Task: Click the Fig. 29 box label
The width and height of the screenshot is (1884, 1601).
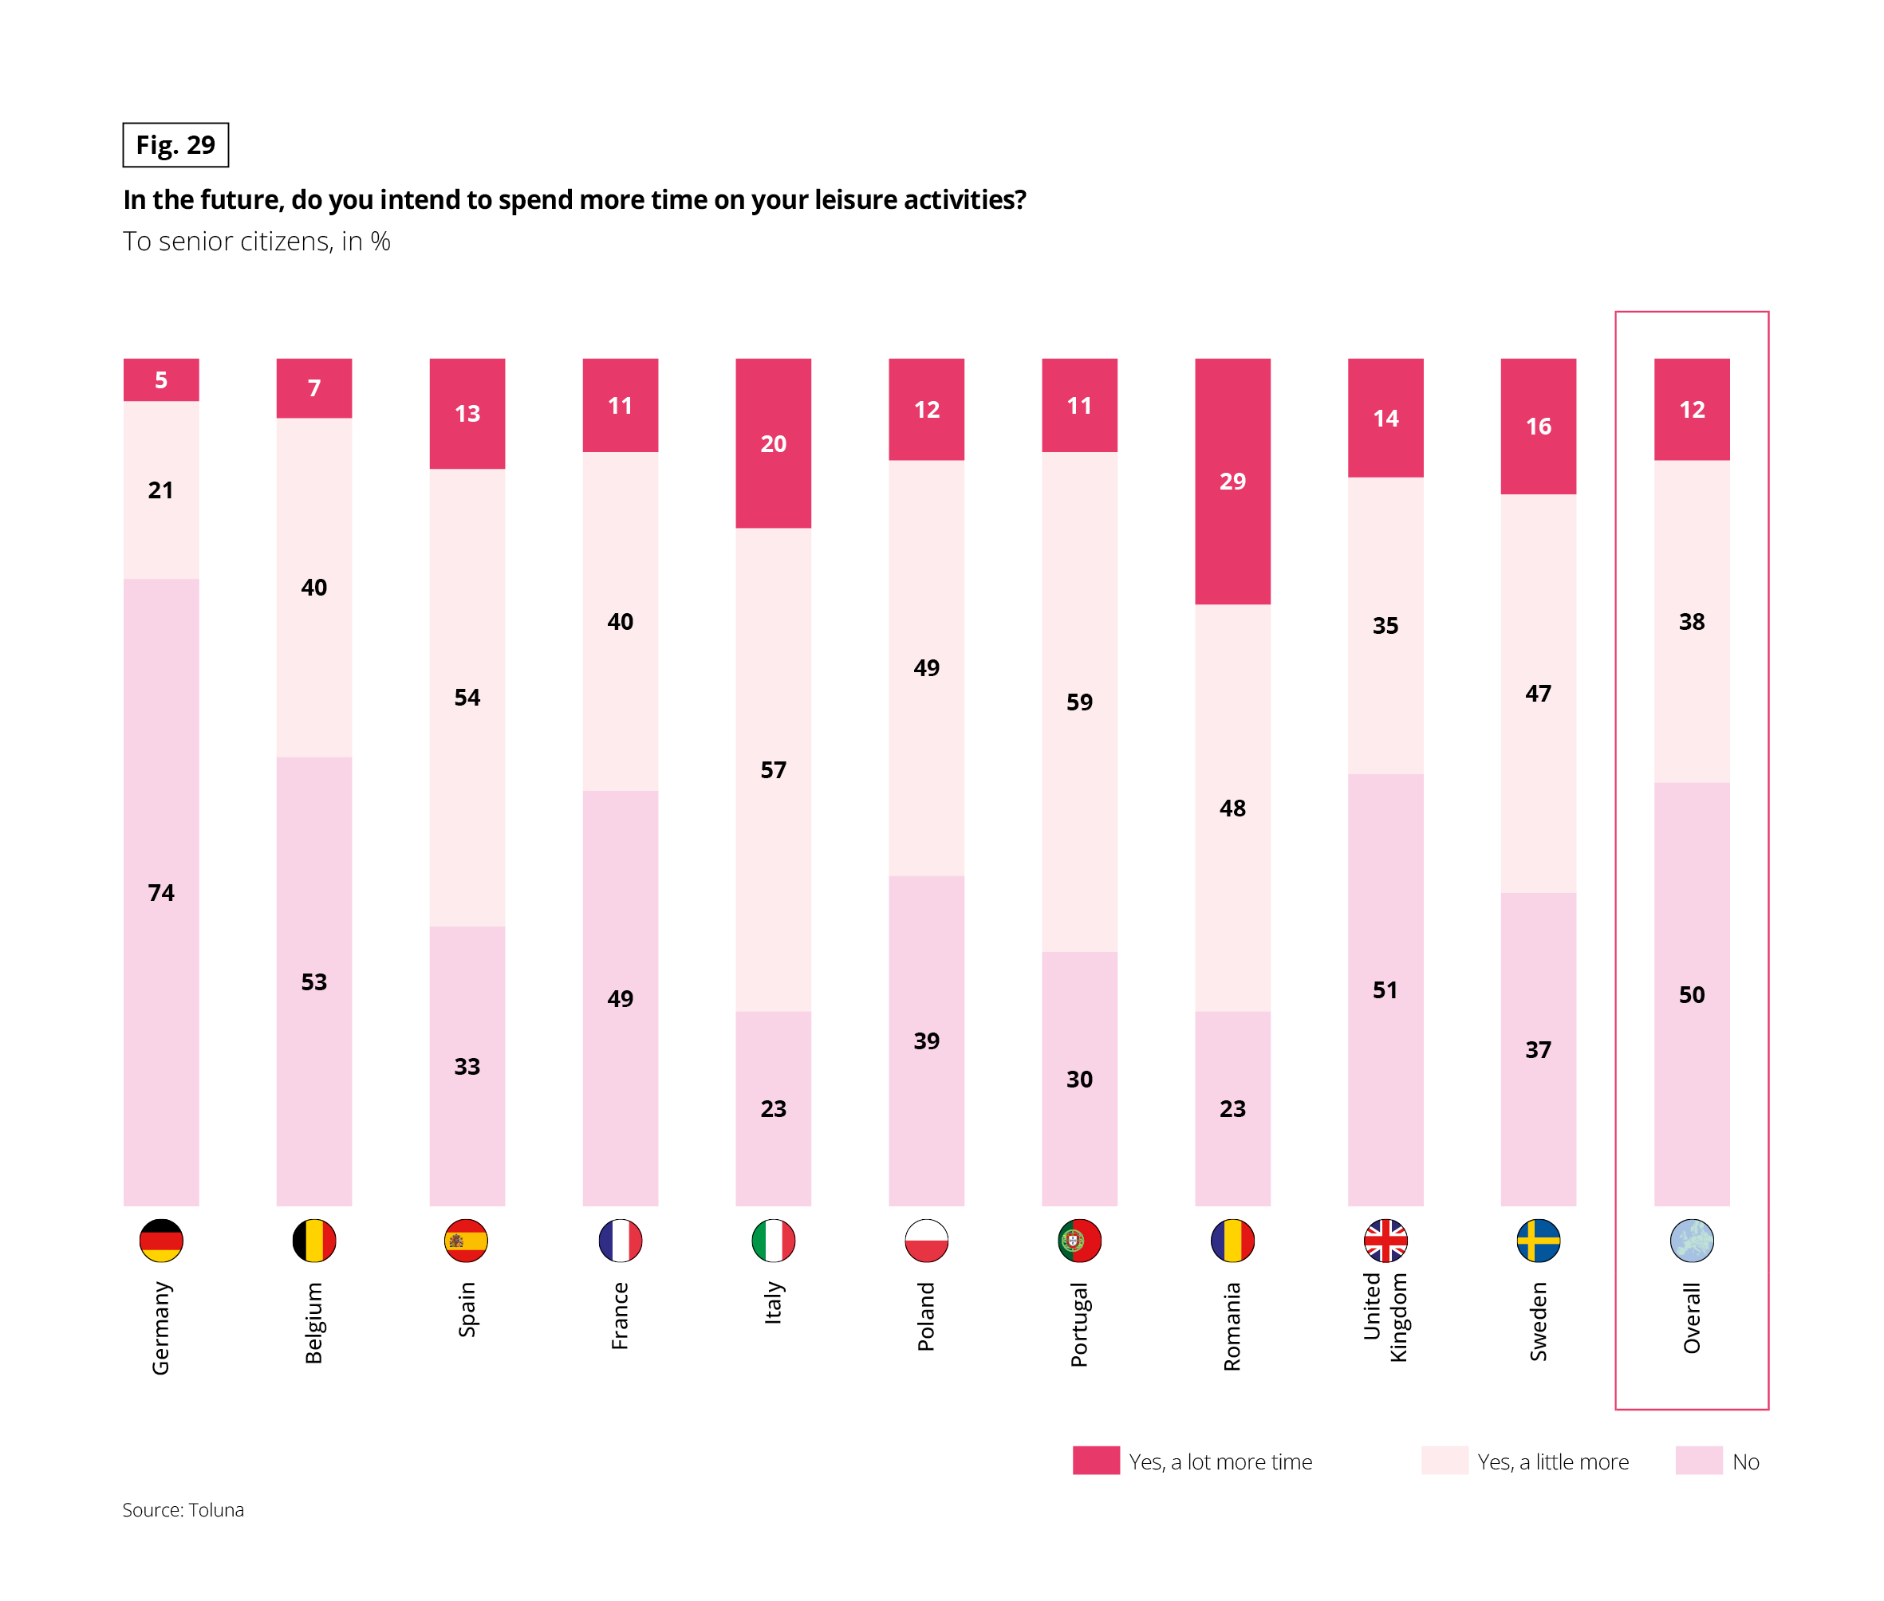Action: (175, 145)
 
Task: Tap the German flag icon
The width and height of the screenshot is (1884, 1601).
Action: (160, 1240)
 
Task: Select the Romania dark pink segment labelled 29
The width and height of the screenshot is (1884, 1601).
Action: (1232, 481)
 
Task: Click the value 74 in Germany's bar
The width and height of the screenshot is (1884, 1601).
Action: (160, 893)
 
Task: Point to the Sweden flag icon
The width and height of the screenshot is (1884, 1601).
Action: (1538, 1240)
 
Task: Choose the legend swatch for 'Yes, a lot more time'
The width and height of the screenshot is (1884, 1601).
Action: (1095, 1461)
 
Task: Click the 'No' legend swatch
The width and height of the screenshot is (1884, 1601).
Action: (1698, 1461)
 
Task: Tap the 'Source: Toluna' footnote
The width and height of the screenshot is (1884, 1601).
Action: (183, 1509)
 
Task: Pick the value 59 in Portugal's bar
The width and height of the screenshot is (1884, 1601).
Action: (1078, 702)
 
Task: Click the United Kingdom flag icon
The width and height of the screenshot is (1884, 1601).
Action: (1385, 1240)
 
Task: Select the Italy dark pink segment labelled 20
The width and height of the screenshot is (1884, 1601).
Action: (773, 444)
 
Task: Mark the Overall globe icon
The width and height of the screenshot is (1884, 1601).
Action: (1692, 1240)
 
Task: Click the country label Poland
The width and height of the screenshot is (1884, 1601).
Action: (926, 1316)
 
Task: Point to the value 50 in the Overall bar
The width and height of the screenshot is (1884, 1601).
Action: (1692, 995)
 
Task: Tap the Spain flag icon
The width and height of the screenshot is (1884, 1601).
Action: (466, 1240)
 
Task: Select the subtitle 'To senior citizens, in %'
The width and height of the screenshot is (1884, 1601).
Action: (257, 242)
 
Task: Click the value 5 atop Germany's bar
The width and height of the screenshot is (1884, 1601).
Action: (160, 380)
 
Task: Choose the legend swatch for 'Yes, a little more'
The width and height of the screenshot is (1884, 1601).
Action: (1444, 1461)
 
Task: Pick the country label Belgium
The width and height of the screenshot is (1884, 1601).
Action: (313, 1323)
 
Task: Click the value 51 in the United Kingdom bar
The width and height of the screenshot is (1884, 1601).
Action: (1385, 990)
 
